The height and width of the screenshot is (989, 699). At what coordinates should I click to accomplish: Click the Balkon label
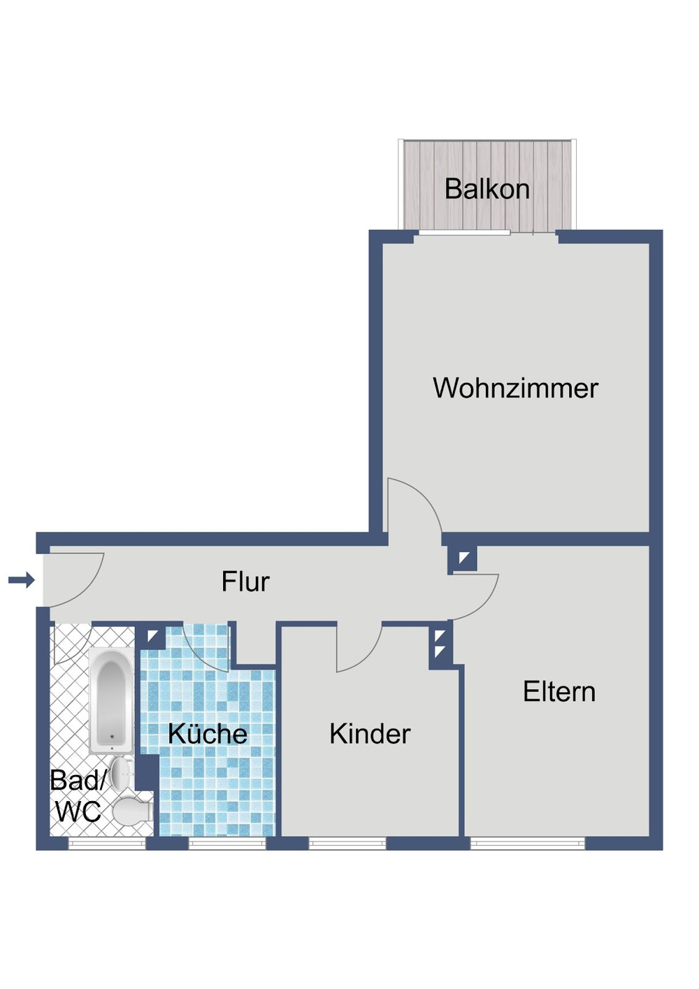[487, 189]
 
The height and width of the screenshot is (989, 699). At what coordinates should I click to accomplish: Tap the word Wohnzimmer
[515, 388]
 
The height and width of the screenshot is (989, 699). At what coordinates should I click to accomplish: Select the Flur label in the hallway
[245, 582]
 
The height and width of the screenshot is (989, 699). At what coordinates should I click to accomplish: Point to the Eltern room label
[559, 692]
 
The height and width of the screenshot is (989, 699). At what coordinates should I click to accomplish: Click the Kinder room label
[369, 734]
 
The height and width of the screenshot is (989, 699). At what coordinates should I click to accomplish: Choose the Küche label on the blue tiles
[208, 734]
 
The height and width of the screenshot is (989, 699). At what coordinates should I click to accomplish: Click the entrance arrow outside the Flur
[22, 579]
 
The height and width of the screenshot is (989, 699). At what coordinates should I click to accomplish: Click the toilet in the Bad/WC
[133, 811]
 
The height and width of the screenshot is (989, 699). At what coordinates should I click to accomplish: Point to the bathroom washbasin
[122, 772]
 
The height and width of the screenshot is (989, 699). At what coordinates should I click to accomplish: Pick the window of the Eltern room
[527, 844]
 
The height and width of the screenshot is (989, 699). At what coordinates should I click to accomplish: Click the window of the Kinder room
[347, 844]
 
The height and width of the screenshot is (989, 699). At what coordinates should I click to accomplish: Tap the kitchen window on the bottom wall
[227, 844]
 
